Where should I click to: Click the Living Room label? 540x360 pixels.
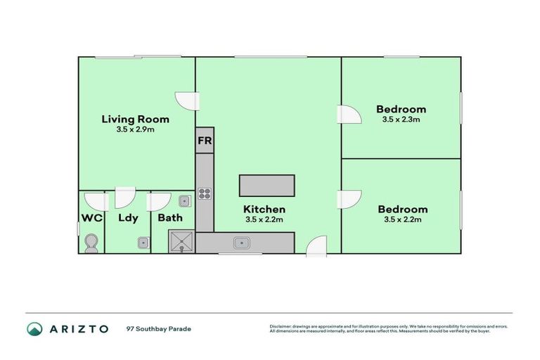point(135,119)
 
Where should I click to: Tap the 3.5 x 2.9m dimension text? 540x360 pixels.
point(135,130)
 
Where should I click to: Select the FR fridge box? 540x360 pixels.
point(205,141)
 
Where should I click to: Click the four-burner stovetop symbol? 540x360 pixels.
point(205,193)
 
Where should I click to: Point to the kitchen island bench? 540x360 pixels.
point(266,186)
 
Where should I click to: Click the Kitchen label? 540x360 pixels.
point(264,209)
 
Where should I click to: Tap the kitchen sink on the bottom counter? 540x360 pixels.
point(243,243)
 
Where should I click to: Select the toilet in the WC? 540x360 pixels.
point(91,243)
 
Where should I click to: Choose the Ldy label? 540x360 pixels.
point(128,218)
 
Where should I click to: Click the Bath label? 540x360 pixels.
point(170,218)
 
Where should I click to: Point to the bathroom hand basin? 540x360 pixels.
point(184,200)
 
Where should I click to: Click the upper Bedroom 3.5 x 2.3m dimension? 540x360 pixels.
point(401,120)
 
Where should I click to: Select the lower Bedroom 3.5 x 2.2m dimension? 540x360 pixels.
point(402,220)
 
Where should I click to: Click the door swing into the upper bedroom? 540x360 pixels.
point(349,115)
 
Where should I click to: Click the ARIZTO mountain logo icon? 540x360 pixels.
point(34,329)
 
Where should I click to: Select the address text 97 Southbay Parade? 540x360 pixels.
point(158,329)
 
